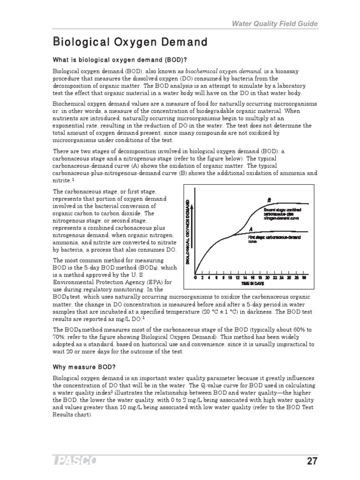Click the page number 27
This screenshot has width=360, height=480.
click(x=312, y=461)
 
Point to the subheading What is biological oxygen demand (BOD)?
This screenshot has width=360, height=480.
click(x=120, y=60)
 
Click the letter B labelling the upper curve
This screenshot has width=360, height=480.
click(x=269, y=200)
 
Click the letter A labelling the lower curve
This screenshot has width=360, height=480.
click(x=251, y=229)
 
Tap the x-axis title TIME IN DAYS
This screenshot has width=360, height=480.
click(x=253, y=284)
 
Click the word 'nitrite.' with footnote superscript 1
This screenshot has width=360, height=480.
click(x=62, y=180)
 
